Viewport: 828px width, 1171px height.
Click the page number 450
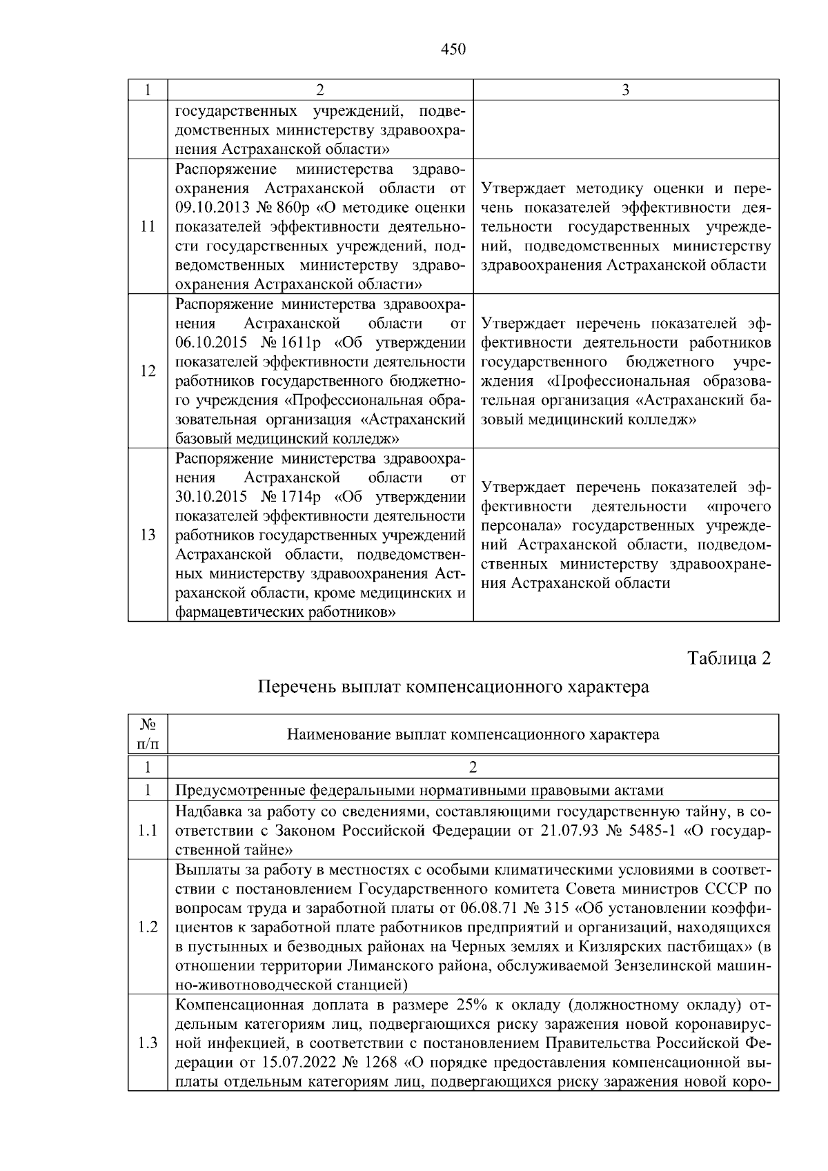click(x=453, y=49)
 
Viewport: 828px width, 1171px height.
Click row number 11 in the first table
click(x=148, y=227)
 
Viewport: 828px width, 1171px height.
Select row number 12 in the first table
click(x=148, y=371)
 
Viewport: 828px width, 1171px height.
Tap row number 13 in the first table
click(x=148, y=535)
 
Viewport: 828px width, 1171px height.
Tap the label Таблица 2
click(x=729, y=658)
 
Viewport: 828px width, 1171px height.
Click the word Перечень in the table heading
click(x=293, y=687)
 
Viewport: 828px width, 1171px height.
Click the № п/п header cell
click(x=148, y=734)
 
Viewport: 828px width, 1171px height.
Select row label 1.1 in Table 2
click(x=148, y=831)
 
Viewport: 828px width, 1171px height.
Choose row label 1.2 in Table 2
click(x=148, y=927)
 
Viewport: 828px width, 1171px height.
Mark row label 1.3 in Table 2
click(x=148, y=1043)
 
